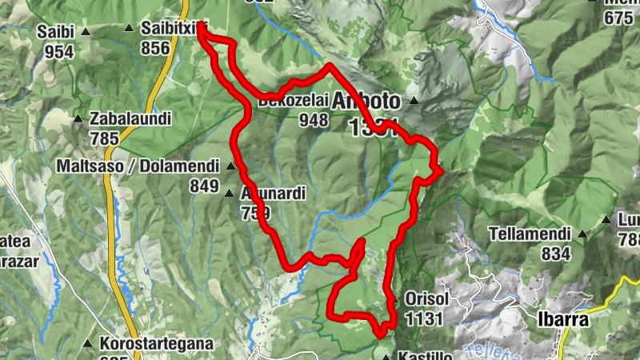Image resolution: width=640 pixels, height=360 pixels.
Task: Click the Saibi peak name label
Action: tap(55, 32)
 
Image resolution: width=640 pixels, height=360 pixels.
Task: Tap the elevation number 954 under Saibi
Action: tap(59, 52)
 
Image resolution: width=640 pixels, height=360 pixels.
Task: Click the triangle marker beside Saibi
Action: tap(85, 32)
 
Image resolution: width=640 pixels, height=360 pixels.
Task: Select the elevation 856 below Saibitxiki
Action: tap(155, 48)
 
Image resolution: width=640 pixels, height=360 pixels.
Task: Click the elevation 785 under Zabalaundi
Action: tap(104, 138)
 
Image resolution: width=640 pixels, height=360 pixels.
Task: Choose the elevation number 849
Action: tap(204, 186)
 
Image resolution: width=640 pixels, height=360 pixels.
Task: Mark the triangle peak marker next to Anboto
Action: tap(414, 101)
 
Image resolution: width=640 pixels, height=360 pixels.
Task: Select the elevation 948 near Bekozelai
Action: tap(314, 120)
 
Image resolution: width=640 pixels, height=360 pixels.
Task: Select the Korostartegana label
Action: tap(157, 344)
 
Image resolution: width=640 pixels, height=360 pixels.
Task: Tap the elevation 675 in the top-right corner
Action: tap(618, 17)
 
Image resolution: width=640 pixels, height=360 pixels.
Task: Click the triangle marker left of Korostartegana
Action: tap(88, 344)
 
